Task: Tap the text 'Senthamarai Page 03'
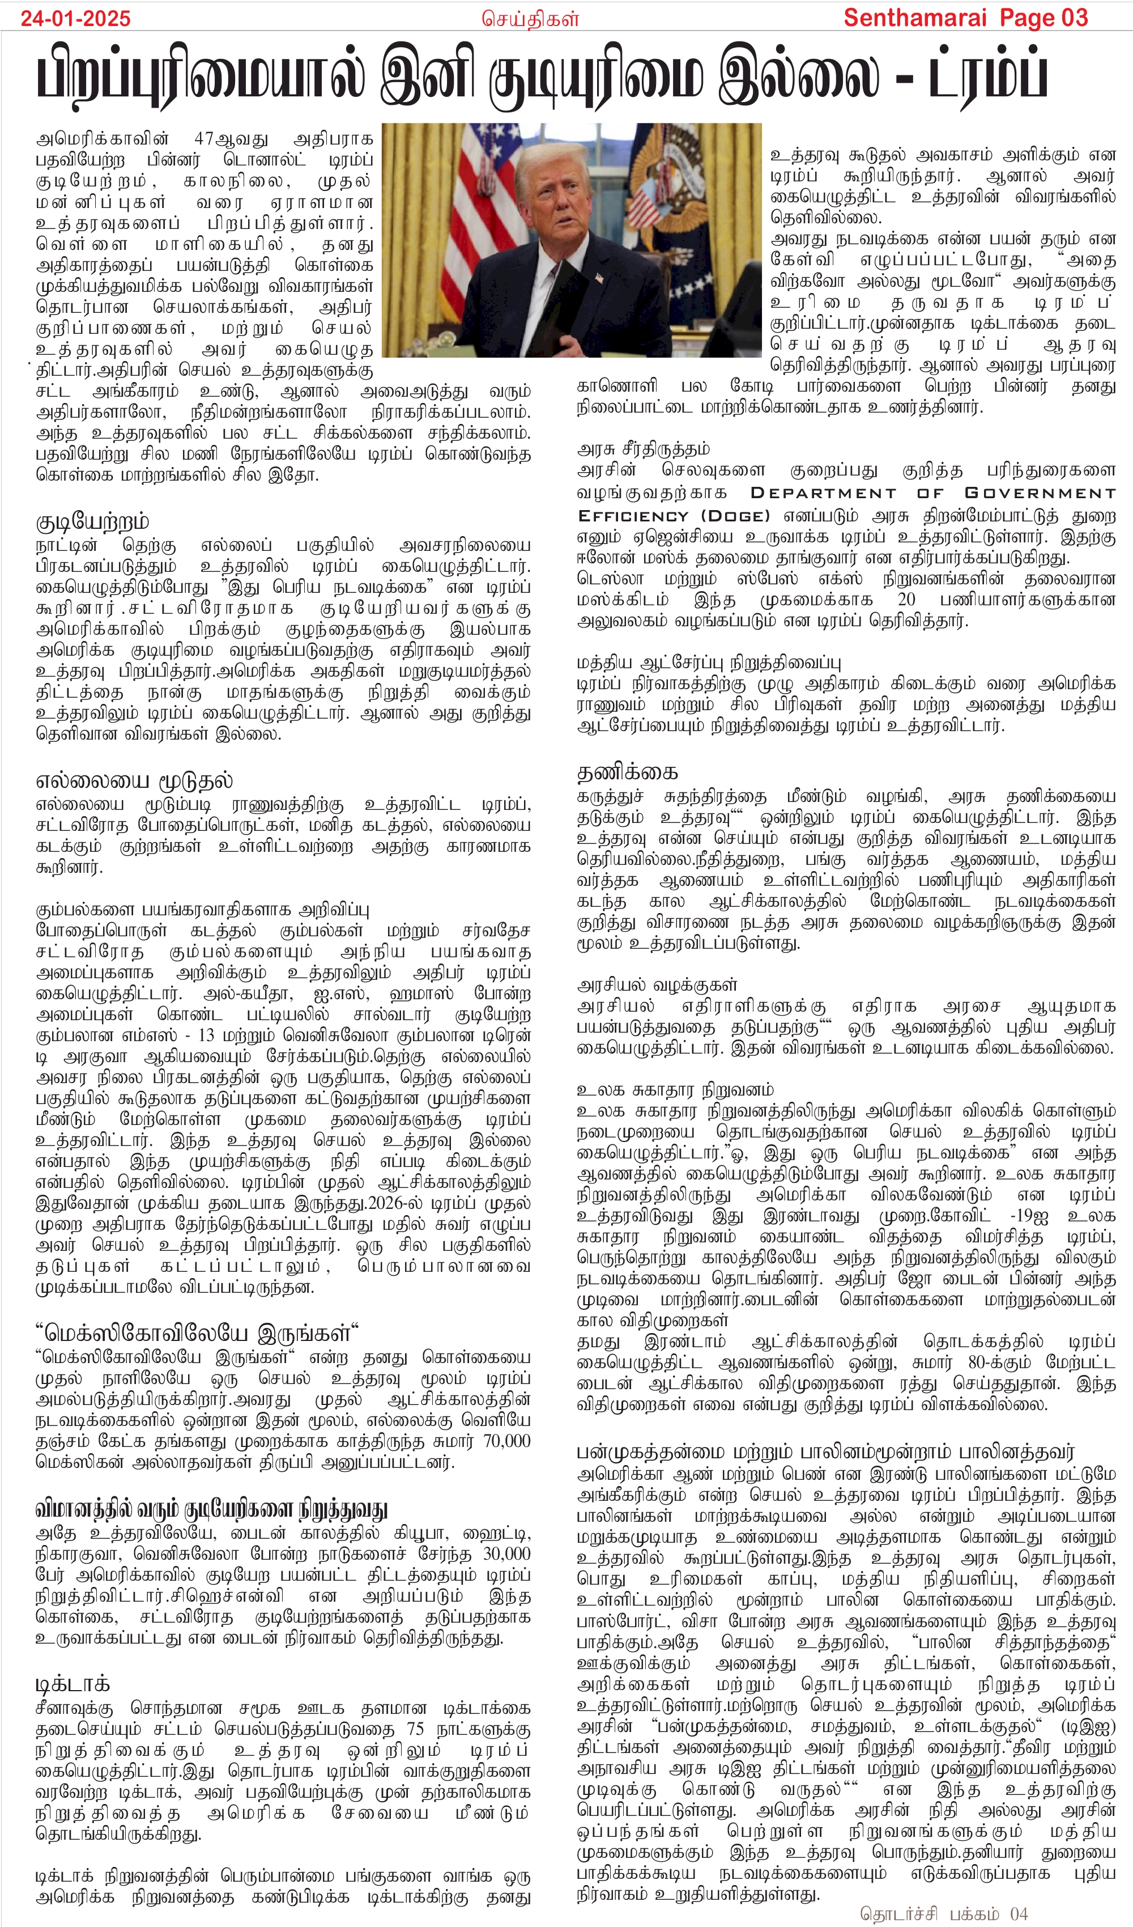coord(965,18)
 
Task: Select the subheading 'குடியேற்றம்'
coord(92,523)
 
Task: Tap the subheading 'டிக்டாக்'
coord(73,1684)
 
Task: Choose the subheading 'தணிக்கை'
coord(627,773)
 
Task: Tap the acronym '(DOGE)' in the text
coord(735,516)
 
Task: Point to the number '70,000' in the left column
coord(506,1441)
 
